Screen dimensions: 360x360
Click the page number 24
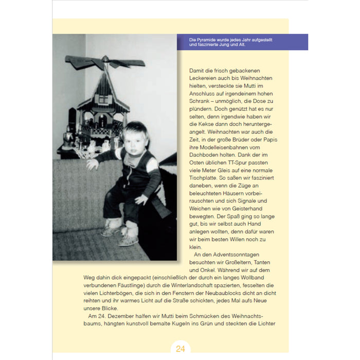(x=180, y=349)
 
